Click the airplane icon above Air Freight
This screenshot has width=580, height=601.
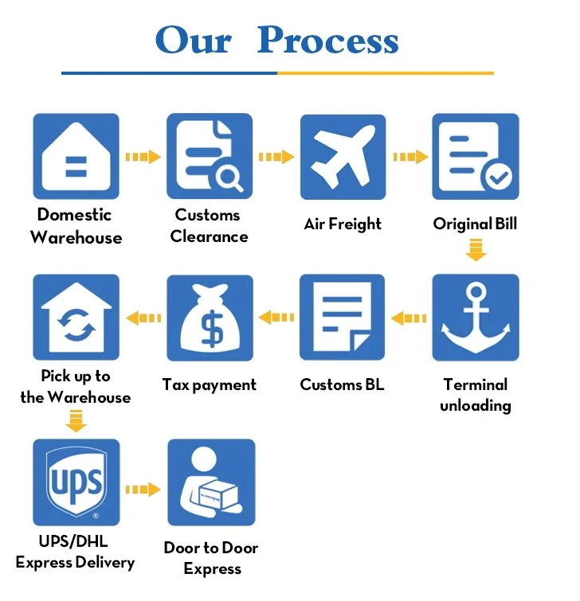(343, 156)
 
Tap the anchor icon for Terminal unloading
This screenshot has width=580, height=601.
(476, 318)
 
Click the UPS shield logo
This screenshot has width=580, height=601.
(76, 482)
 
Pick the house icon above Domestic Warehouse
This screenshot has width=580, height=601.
(76, 156)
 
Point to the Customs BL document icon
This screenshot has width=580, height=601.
(343, 318)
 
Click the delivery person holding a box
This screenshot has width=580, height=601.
(210, 482)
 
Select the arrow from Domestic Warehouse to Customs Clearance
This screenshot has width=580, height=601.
(143, 157)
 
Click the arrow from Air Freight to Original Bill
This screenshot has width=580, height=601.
(410, 157)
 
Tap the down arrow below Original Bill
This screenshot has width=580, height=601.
(476, 252)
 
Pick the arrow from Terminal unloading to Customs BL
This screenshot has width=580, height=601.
(409, 318)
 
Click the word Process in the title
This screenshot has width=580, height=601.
(327, 40)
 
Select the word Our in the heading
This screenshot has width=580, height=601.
(193, 40)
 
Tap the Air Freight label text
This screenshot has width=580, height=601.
(343, 224)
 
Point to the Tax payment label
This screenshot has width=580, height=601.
(210, 385)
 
